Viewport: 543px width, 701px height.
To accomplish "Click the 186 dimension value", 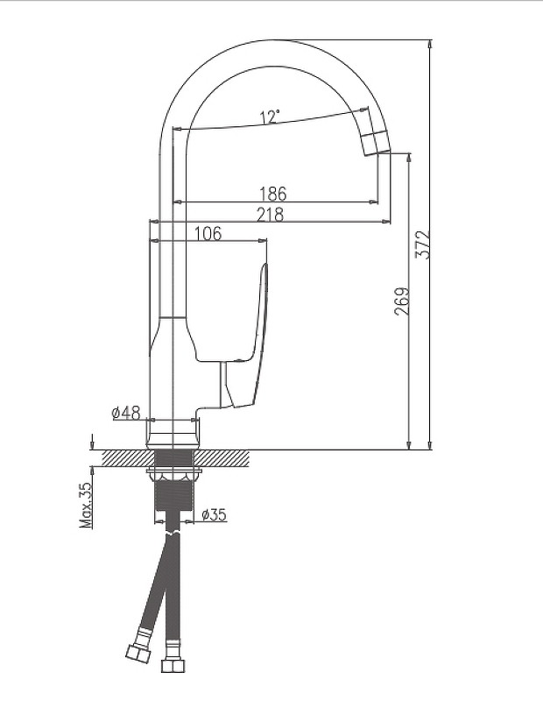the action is (x=272, y=194).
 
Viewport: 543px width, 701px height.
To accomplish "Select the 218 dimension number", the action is (x=270, y=215).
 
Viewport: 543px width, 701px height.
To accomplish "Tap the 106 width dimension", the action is (x=208, y=233).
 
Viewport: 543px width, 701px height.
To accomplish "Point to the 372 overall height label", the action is (x=422, y=244).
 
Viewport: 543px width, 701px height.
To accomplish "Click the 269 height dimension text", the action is (x=401, y=301).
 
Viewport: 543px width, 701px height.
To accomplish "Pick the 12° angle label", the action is (x=270, y=117).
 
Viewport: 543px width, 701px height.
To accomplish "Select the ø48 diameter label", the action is (x=126, y=413).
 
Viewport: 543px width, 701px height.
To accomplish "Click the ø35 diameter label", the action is (x=214, y=514).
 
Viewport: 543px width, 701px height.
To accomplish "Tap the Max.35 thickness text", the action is (x=85, y=505).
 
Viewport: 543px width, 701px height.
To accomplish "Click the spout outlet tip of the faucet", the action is (x=377, y=144).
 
